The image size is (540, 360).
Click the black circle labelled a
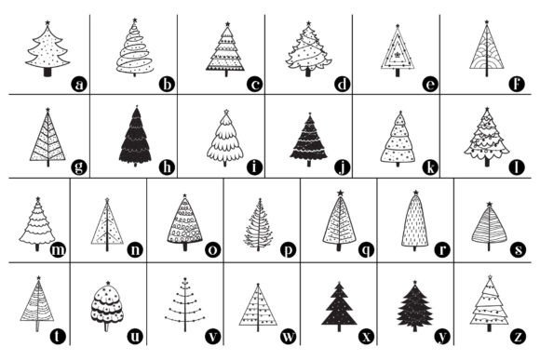(79, 84)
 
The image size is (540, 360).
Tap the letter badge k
(430, 167)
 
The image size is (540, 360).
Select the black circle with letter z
(518, 336)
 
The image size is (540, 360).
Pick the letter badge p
(288, 249)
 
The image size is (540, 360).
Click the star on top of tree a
(47, 23)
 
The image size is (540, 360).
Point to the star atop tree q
(340, 193)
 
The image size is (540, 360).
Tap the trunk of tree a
(47, 72)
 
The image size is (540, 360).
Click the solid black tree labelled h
(135, 137)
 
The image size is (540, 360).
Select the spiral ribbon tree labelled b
(135, 47)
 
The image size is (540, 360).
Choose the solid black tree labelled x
(339, 307)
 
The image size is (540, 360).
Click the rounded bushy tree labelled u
(107, 306)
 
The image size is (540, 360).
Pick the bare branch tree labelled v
(185, 304)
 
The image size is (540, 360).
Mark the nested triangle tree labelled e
(398, 50)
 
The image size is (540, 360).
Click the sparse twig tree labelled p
(259, 224)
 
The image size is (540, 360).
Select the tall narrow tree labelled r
(415, 220)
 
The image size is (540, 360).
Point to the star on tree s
(490, 205)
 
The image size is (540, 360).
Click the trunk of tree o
(185, 247)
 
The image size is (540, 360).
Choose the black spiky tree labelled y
(415, 306)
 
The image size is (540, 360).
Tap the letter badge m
(58, 249)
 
